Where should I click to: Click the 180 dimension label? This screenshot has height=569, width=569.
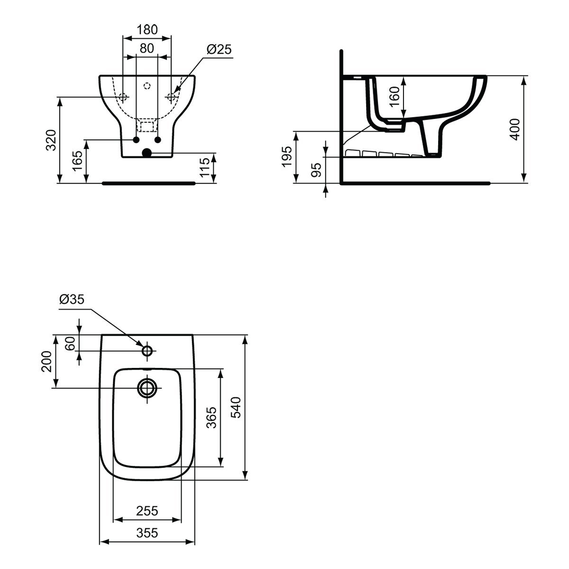147,29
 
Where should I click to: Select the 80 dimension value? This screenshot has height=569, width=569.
147,48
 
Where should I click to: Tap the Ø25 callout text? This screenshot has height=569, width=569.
219,49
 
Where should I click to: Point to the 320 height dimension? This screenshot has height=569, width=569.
51,140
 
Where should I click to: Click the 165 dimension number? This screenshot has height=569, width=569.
78,161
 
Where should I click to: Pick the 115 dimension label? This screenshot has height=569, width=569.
205,167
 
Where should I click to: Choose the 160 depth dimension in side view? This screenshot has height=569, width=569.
395,96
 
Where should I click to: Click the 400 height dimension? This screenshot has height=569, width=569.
515,129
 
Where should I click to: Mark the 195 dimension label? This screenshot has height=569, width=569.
286,156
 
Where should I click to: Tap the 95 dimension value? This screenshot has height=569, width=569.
316,170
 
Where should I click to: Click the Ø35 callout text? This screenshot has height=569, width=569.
72,299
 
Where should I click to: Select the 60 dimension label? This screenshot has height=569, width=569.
70,343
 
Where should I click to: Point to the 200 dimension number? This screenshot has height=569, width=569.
46,361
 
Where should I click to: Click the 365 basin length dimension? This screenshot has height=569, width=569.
211,418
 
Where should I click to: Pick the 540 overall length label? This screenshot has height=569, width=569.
236,407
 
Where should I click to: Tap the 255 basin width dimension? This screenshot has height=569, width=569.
147,511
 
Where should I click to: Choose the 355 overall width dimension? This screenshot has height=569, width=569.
147,533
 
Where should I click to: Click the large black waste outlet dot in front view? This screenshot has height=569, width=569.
147,153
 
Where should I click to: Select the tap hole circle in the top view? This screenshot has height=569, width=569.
147,351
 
